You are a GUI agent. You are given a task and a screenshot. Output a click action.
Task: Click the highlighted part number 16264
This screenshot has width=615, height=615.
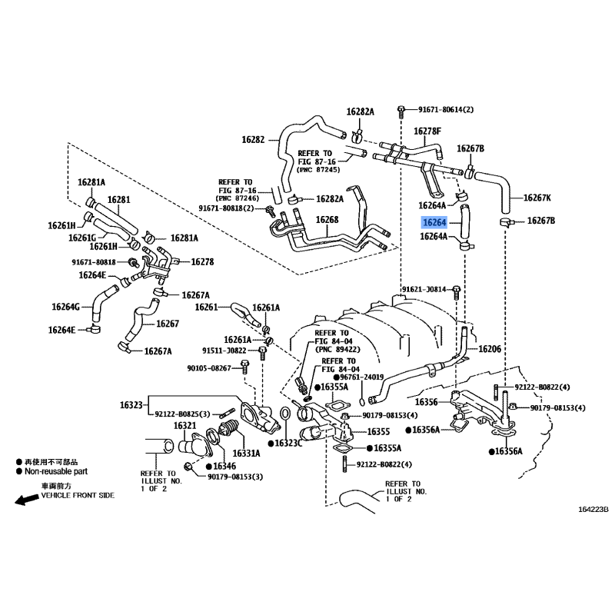pos(433,222)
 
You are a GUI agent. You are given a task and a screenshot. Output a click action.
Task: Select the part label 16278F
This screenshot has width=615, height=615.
pos(428,131)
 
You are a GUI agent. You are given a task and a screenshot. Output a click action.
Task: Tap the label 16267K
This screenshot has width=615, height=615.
pos(537,198)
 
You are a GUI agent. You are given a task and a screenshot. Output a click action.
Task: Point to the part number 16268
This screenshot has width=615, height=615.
pos(327,221)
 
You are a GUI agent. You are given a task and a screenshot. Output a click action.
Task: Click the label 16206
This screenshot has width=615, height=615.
pos(490,349)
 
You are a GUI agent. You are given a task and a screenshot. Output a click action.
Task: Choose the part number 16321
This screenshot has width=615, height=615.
pos(185,425)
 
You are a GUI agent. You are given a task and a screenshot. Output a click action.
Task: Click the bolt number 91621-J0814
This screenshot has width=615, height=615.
pos(424,290)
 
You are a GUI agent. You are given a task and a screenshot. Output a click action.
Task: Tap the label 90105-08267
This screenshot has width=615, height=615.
pos(208,369)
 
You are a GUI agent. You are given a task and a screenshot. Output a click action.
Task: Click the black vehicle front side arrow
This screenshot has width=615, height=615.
pos(25,499)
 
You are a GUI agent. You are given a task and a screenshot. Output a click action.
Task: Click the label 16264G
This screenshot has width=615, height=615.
pos(66,307)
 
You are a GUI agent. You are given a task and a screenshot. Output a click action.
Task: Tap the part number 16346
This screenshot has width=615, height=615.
pos(224,467)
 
